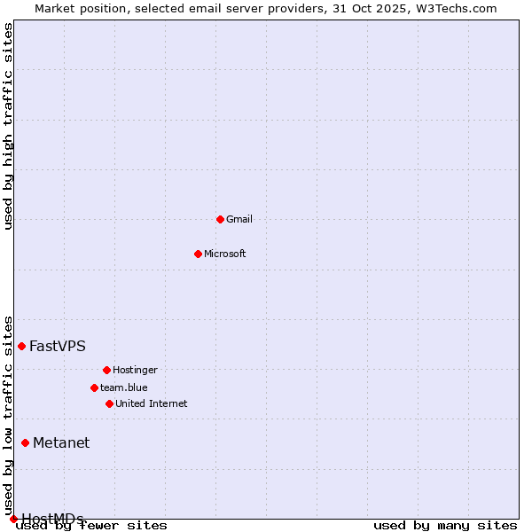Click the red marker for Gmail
coord(220,219)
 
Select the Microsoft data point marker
coord(198,254)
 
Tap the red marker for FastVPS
coord(21,346)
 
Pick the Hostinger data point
coord(106,370)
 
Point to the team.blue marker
coord(94,387)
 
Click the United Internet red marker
coord(109,403)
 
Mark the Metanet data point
coord(25,442)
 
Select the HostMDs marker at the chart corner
coord(13,519)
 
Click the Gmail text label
coord(239,219)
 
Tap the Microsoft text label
coord(225,254)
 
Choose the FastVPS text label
coord(58,346)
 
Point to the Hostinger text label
coord(135,370)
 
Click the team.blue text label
coord(124,387)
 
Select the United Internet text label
coord(152,403)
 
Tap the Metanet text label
coord(61,442)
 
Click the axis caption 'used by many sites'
coord(445,525)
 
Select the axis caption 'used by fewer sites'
coord(92,525)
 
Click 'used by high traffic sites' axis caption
coord(8,126)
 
